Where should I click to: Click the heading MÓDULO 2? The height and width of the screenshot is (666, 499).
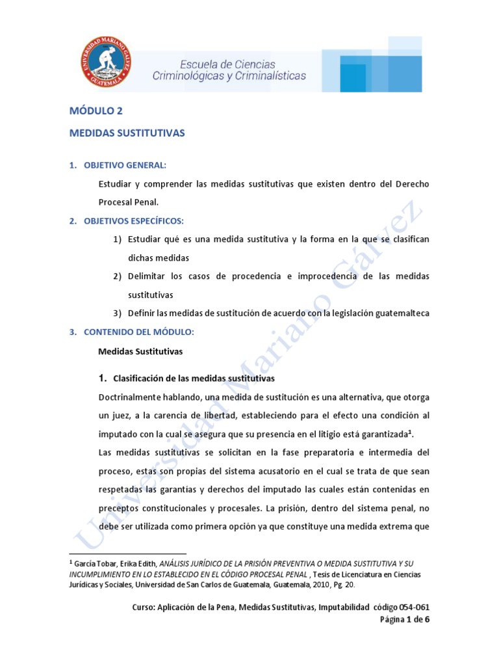(x=96, y=111)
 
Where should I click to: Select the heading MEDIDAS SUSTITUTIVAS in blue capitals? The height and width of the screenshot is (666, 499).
(x=127, y=133)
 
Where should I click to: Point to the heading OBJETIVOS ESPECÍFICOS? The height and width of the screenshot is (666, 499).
(x=134, y=221)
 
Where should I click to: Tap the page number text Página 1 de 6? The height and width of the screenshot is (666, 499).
(x=404, y=619)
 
